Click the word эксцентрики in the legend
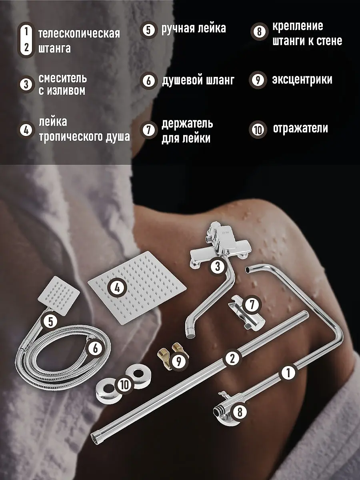pos(302,80)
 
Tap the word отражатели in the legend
pos(300,128)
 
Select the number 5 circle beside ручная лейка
pos(149,30)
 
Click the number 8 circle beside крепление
pos(259,32)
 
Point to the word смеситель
pos(63,79)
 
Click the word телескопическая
pos(79,34)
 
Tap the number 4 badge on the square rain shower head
pos(117,288)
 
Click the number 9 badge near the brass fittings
pos(179,362)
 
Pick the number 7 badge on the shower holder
pos(252,305)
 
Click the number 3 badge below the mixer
pos(217,266)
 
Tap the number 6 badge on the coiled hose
pos(96,348)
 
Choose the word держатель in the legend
pos(187,124)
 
